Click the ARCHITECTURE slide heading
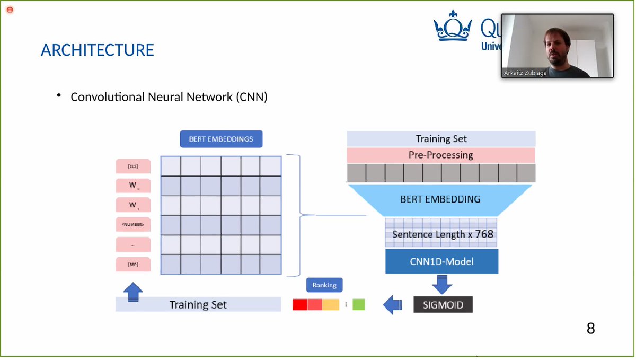pos(98,50)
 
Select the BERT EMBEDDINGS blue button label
pos(221,139)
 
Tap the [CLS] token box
pos(133,166)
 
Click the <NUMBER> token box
pos(133,225)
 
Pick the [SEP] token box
pos(133,264)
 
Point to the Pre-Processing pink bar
pos(440,155)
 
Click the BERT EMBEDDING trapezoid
pos(440,199)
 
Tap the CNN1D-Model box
pos(441,261)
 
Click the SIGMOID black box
pos(443,305)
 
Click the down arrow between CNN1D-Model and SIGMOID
pos(442,284)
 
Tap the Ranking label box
pos(324,285)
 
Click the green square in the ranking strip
pos(359,305)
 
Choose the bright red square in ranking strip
pos(300,305)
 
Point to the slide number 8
pos(590,329)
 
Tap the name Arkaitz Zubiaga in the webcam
pos(525,73)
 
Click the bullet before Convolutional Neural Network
pos(59,96)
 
